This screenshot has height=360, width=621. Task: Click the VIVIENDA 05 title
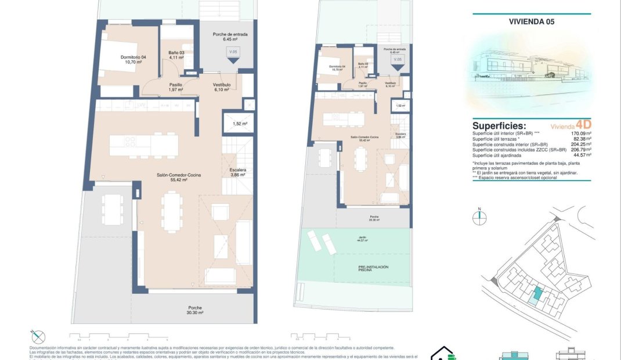(x=531, y=22)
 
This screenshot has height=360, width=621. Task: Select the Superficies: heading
(x=499, y=125)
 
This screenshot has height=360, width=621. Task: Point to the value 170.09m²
(x=581, y=134)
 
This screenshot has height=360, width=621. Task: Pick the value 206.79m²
(x=581, y=150)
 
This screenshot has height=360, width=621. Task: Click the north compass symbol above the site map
(x=479, y=218)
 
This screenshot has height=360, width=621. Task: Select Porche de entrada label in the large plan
(x=230, y=37)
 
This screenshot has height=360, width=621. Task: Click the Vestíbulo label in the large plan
(x=222, y=87)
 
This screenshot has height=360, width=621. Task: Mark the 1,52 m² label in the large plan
(x=240, y=124)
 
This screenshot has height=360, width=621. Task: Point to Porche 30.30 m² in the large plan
(x=194, y=310)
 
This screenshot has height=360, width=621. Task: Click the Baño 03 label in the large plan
(x=176, y=55)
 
